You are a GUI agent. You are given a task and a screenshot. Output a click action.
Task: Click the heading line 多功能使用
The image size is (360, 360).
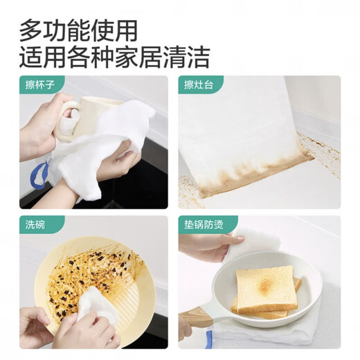pyautogui.click(x=78, y=29)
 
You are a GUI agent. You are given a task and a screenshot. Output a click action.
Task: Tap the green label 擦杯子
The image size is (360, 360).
pyautogui.click(x=41, y=87)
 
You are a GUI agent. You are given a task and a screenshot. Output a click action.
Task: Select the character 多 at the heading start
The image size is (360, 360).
pyautogui.click(x=30, y=29)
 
